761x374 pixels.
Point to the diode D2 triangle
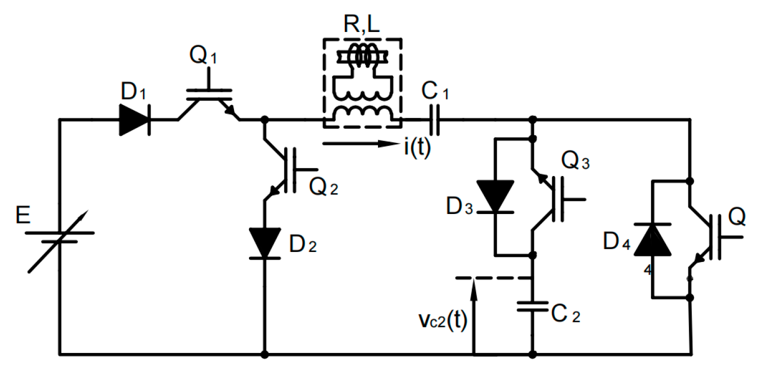point(264,243)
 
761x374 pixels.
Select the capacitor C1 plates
point(435,120)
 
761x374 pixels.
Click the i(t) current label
point(417,149)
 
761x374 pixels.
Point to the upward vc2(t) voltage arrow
point(473,315)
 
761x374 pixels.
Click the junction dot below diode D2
point(264,354)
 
